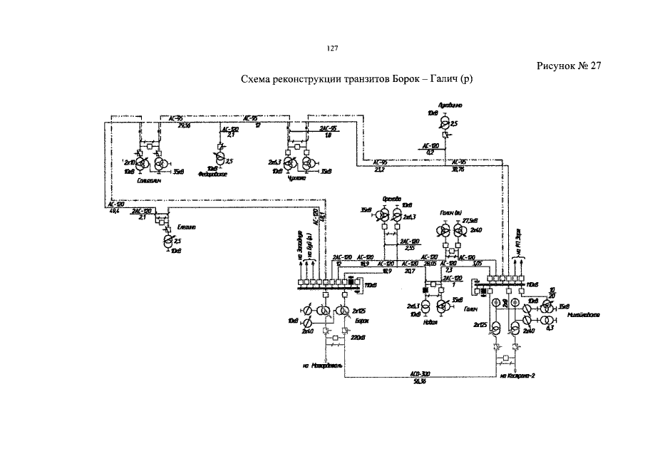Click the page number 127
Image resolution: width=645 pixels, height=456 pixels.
click(x=331, y=48)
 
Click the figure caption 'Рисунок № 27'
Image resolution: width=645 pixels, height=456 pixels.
click(x=569, y=66)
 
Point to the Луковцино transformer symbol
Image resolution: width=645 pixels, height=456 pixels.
click(x=445, y=123)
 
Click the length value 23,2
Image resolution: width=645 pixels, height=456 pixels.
click(x=379, y=170)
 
